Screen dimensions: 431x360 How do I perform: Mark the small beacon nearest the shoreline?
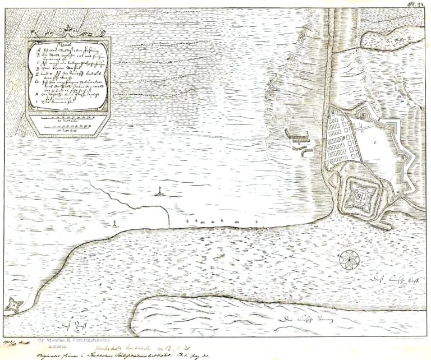point(115,223)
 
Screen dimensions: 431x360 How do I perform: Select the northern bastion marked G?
point(379,113)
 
